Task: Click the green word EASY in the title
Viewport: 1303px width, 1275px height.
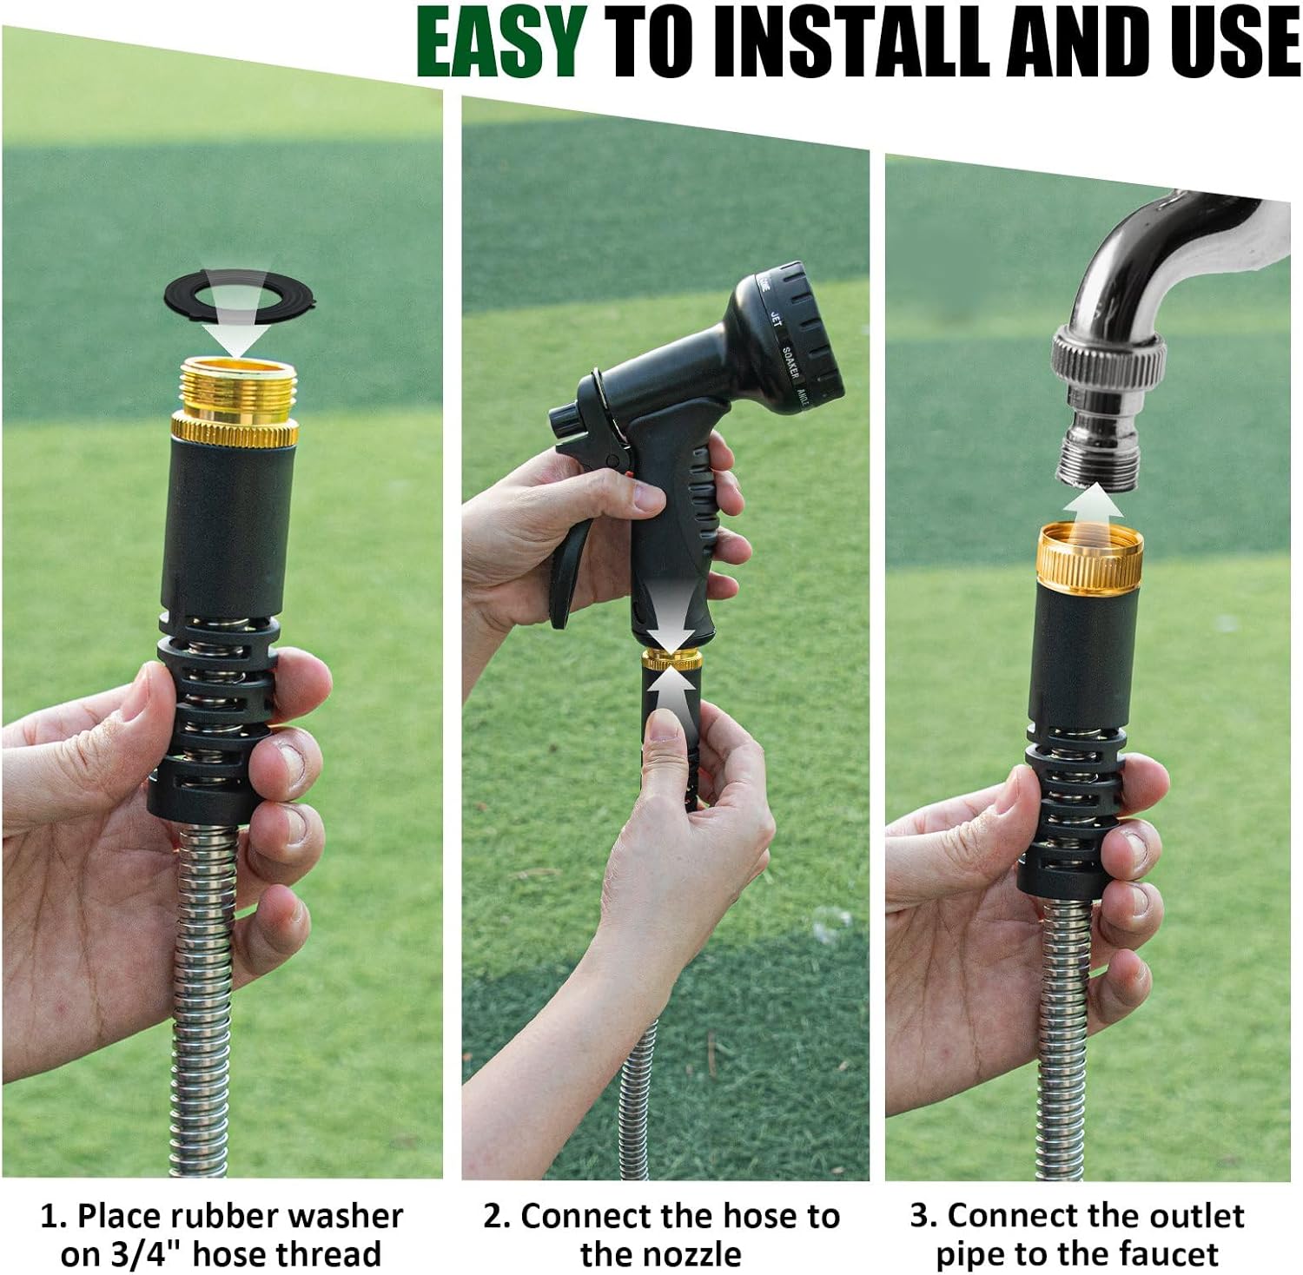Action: (x=501, y=42)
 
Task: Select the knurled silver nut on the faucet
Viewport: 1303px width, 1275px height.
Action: (x=1108, y=357)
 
